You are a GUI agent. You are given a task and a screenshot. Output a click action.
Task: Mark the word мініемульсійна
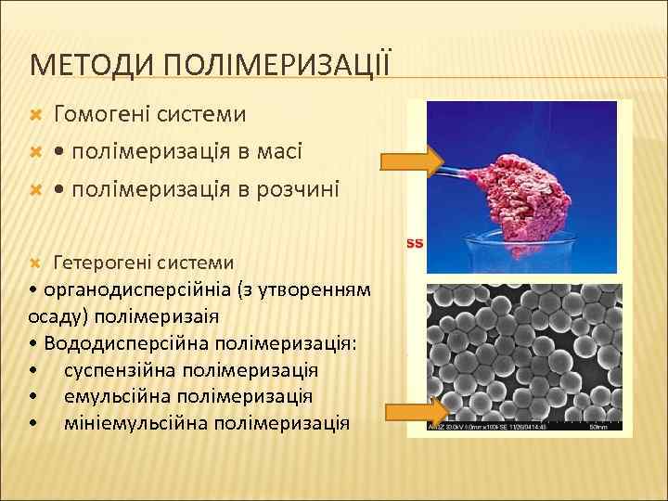[135, 423]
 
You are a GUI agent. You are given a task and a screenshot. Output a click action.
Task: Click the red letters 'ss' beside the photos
[415, 243]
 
